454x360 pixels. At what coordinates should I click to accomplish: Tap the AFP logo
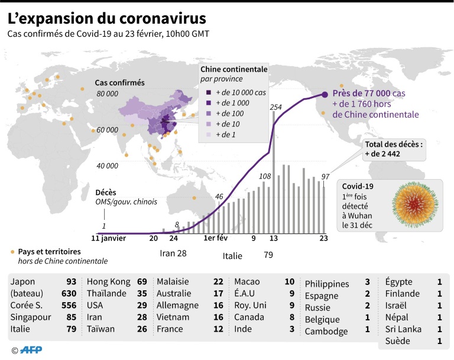pos(30,350)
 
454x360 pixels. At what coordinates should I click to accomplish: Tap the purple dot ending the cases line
pos(325,94)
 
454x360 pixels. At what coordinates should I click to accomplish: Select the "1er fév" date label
pos(216,239)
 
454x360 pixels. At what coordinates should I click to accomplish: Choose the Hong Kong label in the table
pos(108,282)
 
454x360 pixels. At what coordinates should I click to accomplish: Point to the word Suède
pos(398,341)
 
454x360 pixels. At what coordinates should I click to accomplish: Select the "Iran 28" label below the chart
pos(174,254)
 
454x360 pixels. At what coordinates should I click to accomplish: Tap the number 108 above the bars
pos(265,176)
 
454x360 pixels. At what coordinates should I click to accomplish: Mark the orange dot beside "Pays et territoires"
pos(12,252)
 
